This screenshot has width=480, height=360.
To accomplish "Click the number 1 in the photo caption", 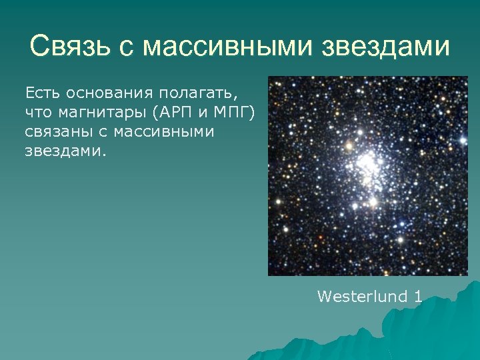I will tap(417, 296).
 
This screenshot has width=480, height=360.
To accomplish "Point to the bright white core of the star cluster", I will tap(366, 163).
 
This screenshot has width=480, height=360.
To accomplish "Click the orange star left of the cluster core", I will tap(347, 144).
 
